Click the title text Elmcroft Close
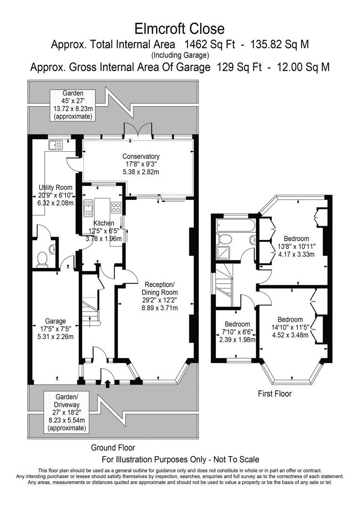pyautogui.click(x=180, y=29)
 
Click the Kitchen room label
pyautogui.click(x=103, y=223)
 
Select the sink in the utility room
pyautogui.click(x=55, y=145)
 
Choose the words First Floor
pyautogui.click(x=275, y=394)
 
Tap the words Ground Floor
pyautogui.click(x=113, y=448)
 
